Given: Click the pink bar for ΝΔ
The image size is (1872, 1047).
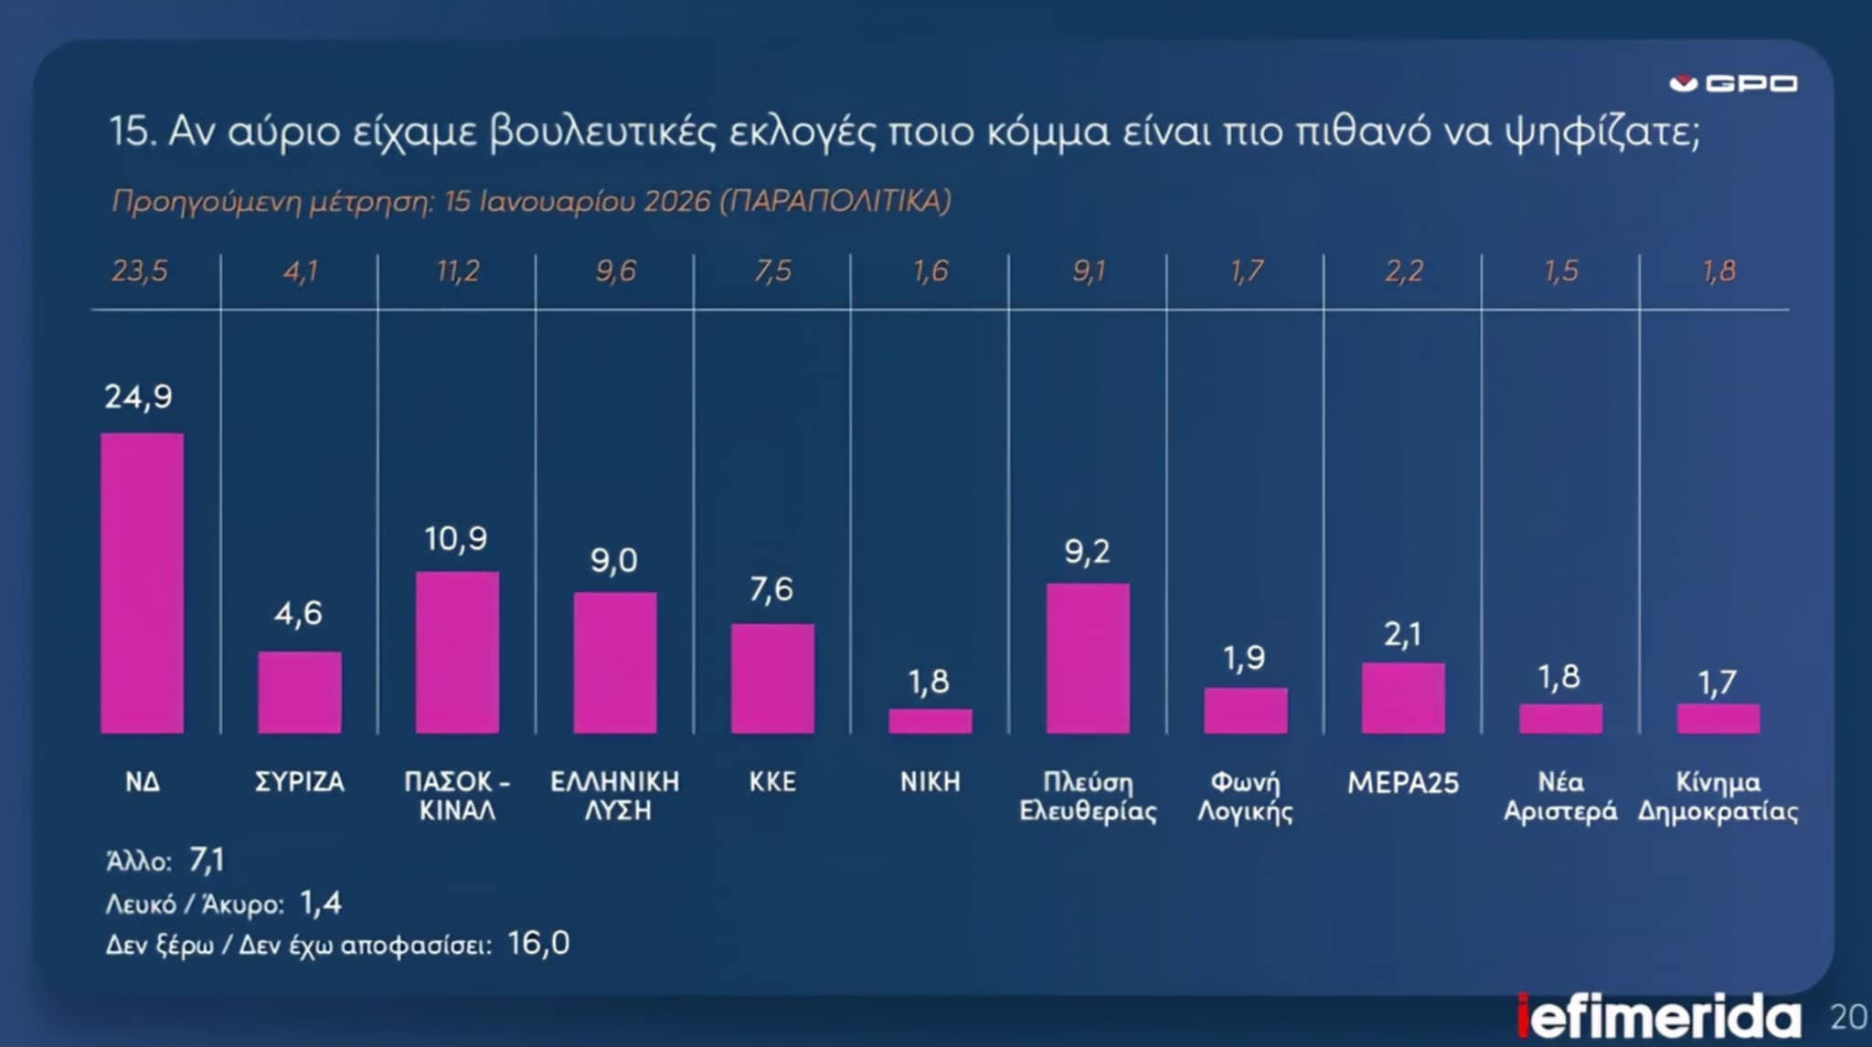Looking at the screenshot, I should [142, 583].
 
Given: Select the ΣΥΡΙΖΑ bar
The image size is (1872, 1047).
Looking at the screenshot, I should [300, 693].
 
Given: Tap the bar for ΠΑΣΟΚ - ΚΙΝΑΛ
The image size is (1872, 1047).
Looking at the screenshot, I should [457, 652].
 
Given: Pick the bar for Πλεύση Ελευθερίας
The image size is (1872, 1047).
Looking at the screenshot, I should [1088, 658].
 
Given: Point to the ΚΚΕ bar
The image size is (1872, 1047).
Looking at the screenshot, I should [772, 678].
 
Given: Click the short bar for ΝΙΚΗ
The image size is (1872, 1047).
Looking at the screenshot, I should [931, 721].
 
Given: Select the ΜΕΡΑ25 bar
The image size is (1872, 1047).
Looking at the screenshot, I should [1403, 698].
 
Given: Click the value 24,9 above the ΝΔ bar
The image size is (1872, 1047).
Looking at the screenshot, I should [138, 397].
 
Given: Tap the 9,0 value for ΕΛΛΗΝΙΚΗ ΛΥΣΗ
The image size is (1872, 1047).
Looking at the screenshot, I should [613, 560].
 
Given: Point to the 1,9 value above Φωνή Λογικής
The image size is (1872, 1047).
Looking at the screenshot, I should [1244, 658].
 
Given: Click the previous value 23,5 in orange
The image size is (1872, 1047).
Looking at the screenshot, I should [140, 271].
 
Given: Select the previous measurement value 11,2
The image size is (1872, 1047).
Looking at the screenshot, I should [457, 271].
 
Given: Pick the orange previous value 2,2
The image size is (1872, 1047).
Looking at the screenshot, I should [1403, 271].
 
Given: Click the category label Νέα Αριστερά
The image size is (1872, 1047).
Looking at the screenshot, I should [1560, 796].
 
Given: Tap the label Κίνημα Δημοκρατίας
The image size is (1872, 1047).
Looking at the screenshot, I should [1718, 796].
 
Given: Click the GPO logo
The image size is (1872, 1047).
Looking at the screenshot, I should [1733, 84].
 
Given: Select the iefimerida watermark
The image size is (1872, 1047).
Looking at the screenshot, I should [1659, 1017].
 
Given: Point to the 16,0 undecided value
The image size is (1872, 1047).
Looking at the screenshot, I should [538, 943].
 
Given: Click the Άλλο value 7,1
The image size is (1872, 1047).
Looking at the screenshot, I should [207, 860].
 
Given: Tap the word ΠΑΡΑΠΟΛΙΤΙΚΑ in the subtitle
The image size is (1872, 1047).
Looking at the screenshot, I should [835, 201].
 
